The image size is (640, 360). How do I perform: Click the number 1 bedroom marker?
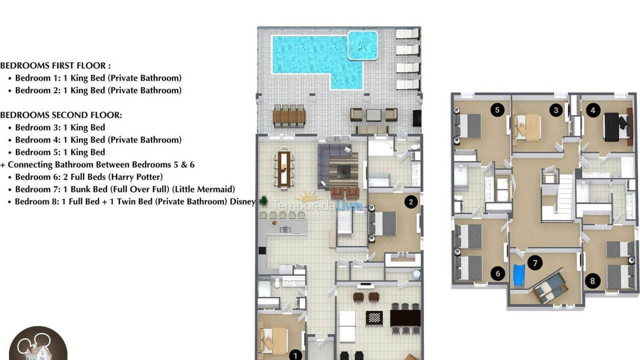pyautogui.click(x=295, y=355)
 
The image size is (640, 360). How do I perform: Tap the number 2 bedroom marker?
pyautogui.click(x=411, y=202)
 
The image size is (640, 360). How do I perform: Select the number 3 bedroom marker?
pyautogui.click(x=556, y=110)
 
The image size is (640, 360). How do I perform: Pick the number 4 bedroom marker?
pyautogui.click(x=592, y=110)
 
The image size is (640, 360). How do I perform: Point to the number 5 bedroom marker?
pyautogui.click(x=496, y=110)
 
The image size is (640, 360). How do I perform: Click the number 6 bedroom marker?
pyautogui.click(x=497, y=273)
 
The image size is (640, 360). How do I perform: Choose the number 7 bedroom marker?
pyautogui.click(x=535, y=262)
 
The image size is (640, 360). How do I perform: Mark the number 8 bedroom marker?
pyautogui.click(x=592, y=281)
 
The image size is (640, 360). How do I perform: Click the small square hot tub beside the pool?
pyautogui.click(x=362, y=45)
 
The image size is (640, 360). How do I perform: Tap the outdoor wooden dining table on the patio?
pyautogui.click(x=289, y=116)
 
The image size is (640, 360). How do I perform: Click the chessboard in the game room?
pyautogui.click(x=374, y=317)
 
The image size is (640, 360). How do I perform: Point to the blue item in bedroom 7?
pyautogui.click(x=519, y=275)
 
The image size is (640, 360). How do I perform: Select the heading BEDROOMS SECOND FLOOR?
pyautogui.click(x=60, y=115)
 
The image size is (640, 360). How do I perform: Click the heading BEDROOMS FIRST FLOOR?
pyautogui.click(x=55, y=65)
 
